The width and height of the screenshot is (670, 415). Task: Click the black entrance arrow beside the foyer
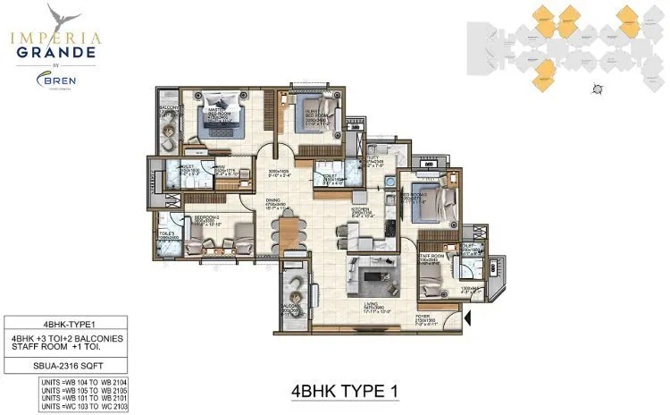click(467, 317)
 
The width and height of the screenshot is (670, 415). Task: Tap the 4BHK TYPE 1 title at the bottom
click(344, 392)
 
